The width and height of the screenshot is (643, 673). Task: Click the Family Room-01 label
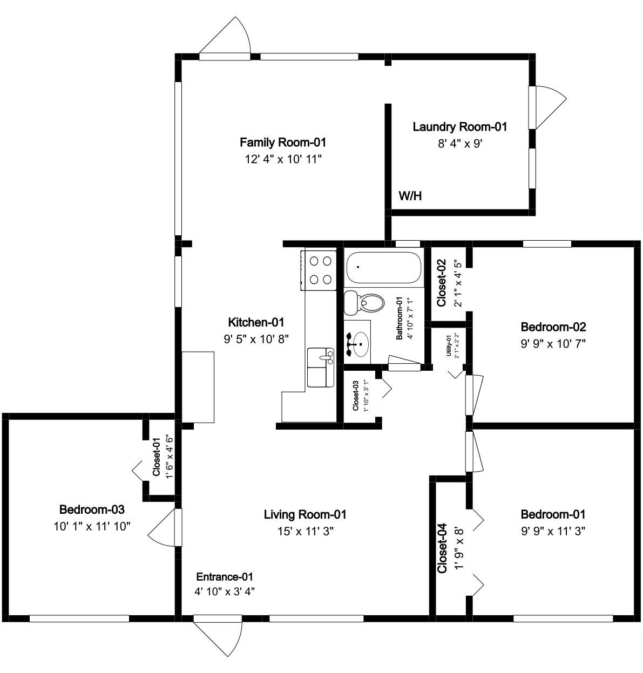coord(282,142)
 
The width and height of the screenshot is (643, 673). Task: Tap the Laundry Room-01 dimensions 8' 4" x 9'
coord(459,143)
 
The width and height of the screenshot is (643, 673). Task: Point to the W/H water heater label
coord(410,196)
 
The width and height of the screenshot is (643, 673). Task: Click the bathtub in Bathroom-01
coord(383,267)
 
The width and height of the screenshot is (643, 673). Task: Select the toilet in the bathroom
coord(364,303)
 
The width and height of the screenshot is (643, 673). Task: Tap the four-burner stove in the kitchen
coord(319,270)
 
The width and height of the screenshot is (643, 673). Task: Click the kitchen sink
coord(321,368)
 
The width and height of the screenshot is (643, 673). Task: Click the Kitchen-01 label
coord(256,322)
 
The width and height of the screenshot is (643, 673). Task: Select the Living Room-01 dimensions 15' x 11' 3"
coord(305,531)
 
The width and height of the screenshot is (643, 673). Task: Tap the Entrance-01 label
coord(225,577)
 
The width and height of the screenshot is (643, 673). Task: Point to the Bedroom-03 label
coord(92,509)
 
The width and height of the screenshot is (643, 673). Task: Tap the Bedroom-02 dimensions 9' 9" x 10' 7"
coord(553,344)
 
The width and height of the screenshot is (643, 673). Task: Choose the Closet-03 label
coord(356,396)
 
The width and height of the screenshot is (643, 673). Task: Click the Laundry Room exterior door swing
coord(547,107)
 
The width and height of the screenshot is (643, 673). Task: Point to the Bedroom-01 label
coord(553,514)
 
